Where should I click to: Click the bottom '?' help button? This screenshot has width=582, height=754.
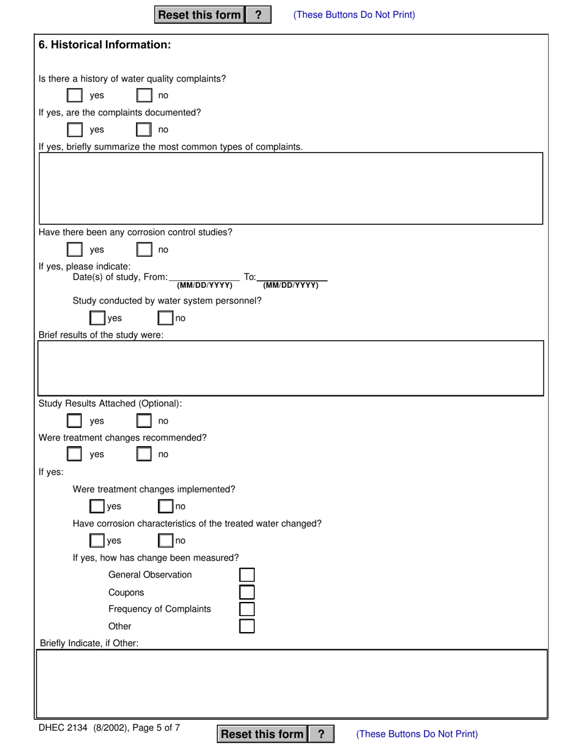(321, 734)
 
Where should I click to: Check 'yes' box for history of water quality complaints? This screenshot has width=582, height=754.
(74, 96)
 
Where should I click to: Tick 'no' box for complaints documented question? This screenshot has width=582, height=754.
(144, 130)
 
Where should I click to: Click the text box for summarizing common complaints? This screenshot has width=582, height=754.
(291, 188)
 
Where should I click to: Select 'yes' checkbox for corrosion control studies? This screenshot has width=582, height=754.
(74, 250)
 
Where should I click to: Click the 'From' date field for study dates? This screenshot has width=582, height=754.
(204, 277)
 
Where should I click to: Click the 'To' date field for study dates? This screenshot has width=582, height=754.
(292, 277)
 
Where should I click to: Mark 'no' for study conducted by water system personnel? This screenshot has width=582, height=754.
(165, 318)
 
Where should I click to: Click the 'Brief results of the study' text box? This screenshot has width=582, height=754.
(291, 368)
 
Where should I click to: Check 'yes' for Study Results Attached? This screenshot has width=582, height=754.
(74, 421)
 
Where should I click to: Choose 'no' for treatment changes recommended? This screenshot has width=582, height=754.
(144, 454)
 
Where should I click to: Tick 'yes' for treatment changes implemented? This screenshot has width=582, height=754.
(97, 506)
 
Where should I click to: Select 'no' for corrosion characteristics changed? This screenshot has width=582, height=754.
(165, 541)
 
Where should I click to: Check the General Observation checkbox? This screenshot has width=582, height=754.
(246, 575)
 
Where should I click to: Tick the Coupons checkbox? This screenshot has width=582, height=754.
(246, 592)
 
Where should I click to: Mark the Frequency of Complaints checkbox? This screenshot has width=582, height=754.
(246, 609)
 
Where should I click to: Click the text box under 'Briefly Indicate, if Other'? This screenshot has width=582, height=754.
(291, 684)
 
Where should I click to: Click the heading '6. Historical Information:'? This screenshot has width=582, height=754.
(105, 45)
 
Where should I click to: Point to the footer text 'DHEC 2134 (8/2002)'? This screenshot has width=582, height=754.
(80, 728)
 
